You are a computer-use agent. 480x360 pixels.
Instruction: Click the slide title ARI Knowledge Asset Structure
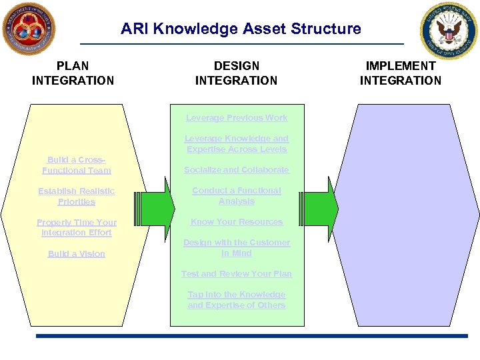[x=241, y=29]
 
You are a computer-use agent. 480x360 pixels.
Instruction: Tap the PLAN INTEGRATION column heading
[x=73, y=73]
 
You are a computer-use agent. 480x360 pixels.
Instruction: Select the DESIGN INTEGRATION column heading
[x=236, y=73]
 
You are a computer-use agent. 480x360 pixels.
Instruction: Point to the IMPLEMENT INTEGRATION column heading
[x=400, y=73]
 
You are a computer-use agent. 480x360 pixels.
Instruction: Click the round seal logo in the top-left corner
[x=29, y=29]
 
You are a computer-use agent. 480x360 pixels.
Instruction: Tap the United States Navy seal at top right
[x=449, y=31]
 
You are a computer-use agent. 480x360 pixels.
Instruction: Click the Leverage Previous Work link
[x=237, y=118]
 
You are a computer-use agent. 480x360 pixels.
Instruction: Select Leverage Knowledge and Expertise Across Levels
[x=237, y=144]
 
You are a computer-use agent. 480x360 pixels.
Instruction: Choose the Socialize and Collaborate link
[x=237, y=170]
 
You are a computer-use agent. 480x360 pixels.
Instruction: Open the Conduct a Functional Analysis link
[x=237, y=196]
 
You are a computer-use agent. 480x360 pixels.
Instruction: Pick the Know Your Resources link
[x=237, y=222]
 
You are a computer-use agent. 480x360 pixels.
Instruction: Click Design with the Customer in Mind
[x=237, y=248]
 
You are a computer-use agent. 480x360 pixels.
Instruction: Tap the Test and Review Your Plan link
[x=237, y=274]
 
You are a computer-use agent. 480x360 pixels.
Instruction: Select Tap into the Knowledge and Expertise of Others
[x=237, y=300]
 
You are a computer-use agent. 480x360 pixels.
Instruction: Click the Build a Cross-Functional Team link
[x=77, y=165]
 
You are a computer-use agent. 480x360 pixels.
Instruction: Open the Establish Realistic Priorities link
[x=77, y=197]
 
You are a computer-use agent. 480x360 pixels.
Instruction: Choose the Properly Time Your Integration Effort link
[x=77, y=227]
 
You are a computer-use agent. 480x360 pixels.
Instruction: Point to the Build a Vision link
[x=77, y=254]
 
